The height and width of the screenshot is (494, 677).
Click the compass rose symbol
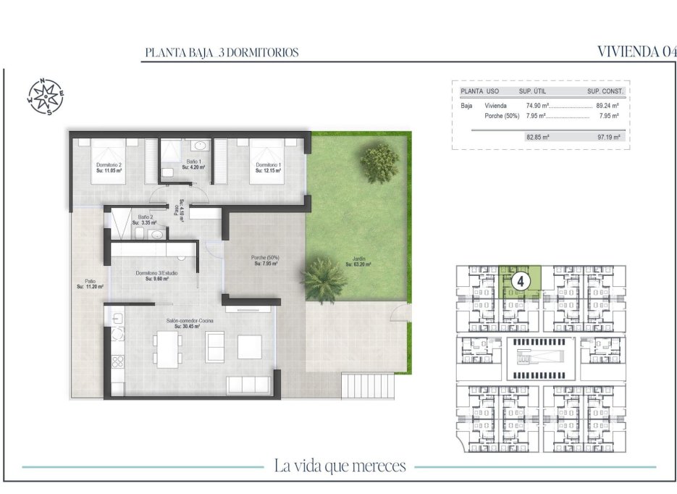46,96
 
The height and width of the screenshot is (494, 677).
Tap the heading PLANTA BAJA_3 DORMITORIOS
222,53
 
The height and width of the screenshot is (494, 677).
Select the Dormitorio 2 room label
109,167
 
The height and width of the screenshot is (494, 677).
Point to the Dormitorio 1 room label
268,167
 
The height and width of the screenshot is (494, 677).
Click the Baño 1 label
193,164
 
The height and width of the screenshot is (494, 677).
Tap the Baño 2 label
145,219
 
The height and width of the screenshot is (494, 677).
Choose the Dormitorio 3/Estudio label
156,275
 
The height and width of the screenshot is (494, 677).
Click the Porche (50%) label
266,261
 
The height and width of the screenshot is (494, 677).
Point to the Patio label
90,284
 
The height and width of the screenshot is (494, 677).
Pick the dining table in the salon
167,348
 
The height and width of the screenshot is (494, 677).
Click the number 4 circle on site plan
519,278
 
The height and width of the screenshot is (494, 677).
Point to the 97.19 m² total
608,136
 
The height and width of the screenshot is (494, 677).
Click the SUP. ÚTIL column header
534,92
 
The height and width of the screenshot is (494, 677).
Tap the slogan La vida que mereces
340,466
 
